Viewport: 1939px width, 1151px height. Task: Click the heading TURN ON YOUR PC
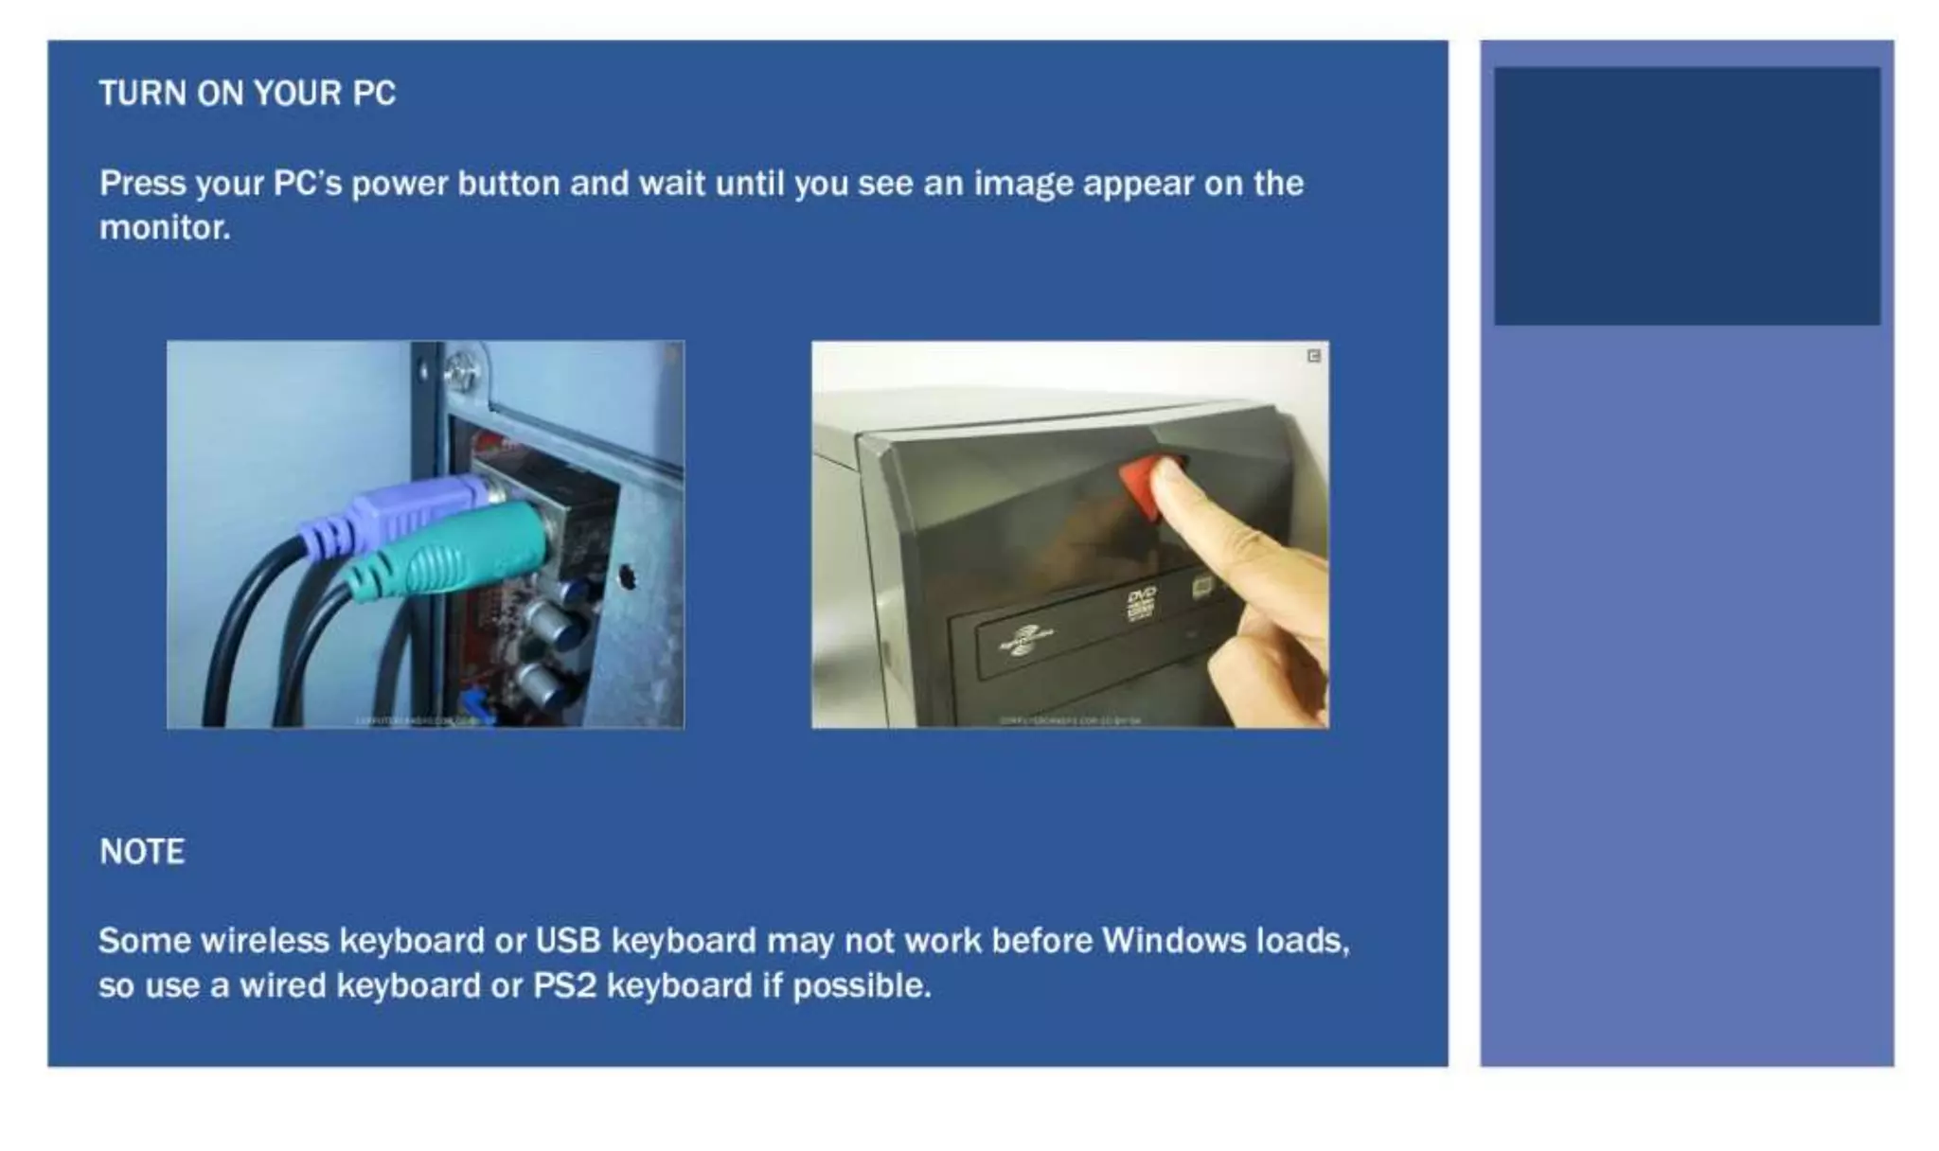(x=247, y=94)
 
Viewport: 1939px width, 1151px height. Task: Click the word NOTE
(x=142, y=852)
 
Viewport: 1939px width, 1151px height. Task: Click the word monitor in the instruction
(x=164, y=228)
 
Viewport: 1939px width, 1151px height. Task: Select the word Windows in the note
(x=1174, y=941)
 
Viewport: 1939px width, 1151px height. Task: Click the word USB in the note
(x=568, y=941)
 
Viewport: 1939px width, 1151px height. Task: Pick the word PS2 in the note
(x=564, y=986)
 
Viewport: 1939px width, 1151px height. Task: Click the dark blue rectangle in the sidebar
(x=1687, y=196)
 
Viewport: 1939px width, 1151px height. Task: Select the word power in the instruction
(x=399, y=184)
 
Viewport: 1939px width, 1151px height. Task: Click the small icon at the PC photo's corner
(x=1314, y=356)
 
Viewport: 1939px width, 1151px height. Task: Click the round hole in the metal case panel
(x=626, y=575)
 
